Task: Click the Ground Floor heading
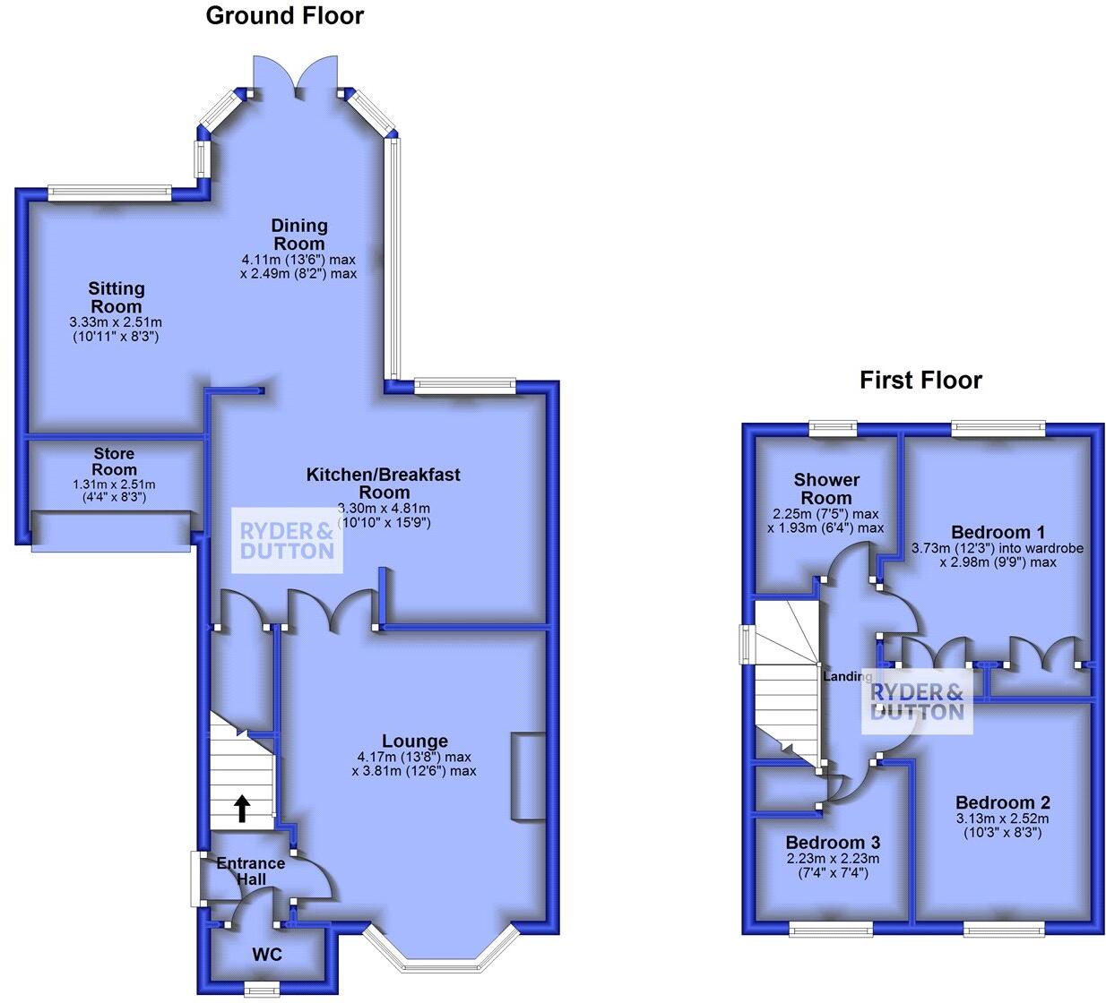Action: coord(284,15)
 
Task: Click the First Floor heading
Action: coord(920,380)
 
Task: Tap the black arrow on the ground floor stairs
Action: coord(242,808)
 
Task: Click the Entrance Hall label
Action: coord(251,870)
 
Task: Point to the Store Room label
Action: coord(115,462)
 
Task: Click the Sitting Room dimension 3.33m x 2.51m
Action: coord(116,322)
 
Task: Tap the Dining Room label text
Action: coord(299,234)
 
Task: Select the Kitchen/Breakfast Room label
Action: coord(384,482)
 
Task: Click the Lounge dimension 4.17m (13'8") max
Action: coord(414,758)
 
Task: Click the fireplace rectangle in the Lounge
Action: coord(528,776)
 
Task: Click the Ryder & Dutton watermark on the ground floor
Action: coord(287,540)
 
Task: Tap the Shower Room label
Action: coord(826,488)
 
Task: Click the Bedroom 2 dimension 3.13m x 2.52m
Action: coord(1002,819)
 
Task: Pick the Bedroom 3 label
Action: coord(833,842)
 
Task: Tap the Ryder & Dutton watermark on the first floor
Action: coord(917,701)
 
